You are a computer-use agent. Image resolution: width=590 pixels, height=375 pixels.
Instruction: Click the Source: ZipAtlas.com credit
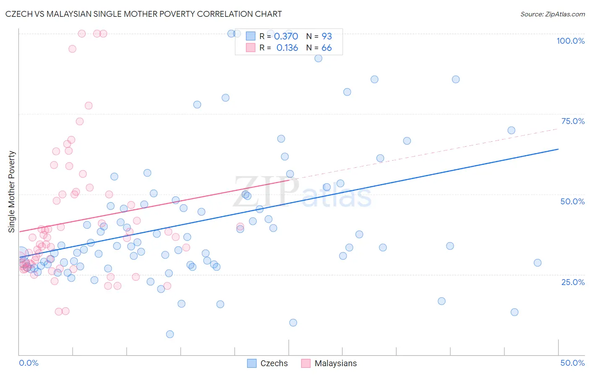pyautogui.click(x=552, y=14)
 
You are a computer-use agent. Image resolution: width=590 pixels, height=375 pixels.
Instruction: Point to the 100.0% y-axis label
pyautogui.click(x=570, y=41)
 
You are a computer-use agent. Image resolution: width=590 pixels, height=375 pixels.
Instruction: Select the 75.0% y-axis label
pyautogui.click(x=573, y=121)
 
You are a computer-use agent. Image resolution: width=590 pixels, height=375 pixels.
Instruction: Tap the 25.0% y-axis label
pyautogui.click(x=573, y=282)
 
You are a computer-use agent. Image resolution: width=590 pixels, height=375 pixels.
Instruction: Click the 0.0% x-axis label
pyautogui.click(x=29, y=363)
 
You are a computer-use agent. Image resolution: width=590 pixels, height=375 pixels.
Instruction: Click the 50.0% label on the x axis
pyautogui.click(x=572, y=363)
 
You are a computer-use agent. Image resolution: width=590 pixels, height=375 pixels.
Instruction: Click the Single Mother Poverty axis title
pyautogui.click(x=12, y=192)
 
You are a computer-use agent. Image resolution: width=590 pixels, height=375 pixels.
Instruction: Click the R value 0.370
pyautogui.click(x=286, y=37)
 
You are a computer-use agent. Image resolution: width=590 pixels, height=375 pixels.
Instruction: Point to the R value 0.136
pyautogui.click(x=287, y=48)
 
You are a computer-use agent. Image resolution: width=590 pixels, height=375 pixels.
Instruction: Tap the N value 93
pyautogui.click(x=326, y=37)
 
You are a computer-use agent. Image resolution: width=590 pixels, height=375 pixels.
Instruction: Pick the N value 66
pyautogui.click(x=326, y=48)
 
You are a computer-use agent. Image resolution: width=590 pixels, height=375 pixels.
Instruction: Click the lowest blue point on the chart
pyautogui.click(x=170, y=334)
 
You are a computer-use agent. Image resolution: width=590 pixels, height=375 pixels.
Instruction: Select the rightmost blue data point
pyautogui.click(x=538, y=263)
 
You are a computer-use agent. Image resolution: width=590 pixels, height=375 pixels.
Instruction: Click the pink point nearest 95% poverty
pyautogui.click(x=72, y=49)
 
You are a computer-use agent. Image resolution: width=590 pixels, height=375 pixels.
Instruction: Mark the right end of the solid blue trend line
pyautogui.click(x=558, y=149)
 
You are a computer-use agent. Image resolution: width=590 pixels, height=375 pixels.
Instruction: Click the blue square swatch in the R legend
pyautogui.click(x=251, y=36)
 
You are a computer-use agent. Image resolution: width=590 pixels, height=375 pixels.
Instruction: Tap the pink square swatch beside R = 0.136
pyautogui.click(x=251, y=48)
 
